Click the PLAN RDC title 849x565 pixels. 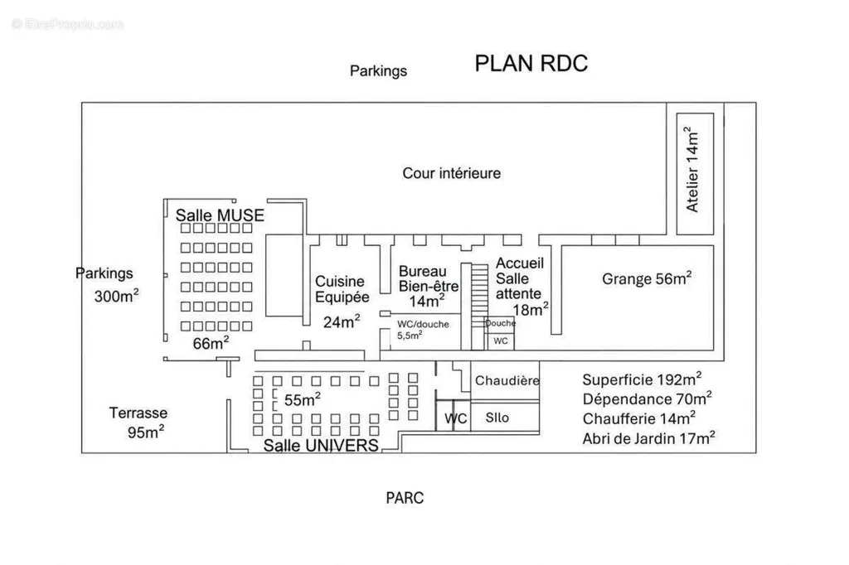coord(531,63)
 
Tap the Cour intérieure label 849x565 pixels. coord(452,173)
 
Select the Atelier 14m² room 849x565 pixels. coord(696,174)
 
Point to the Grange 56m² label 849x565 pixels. coord(647,278)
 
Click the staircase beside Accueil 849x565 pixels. coord(479,306)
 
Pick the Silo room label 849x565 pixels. coord(497,418)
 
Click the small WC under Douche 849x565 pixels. coord(501,341)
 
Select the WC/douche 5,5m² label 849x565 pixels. coord(423,329)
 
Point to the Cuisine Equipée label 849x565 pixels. coord(342,289)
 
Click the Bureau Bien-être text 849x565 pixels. coord(429,278)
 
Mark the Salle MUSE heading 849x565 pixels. coord(220,215)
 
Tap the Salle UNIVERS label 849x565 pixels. coord(321,446)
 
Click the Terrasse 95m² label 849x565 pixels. coord(138,423)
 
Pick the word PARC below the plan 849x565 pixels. coord(405,498)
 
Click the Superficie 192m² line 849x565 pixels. coord(643,379)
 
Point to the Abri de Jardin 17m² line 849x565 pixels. coord(648,437)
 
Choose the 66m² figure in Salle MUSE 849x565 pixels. coord(211,343)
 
